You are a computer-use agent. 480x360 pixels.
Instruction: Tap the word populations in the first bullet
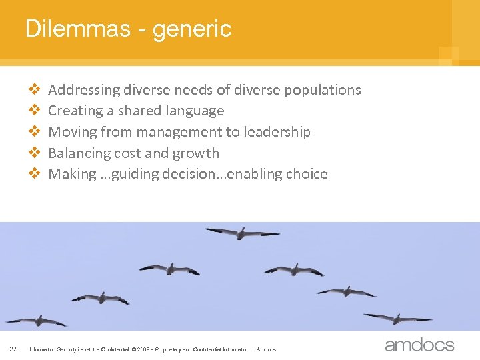point(323,90)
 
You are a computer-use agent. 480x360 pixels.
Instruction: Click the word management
point(182,132)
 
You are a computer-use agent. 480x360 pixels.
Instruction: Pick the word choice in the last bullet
point(306,174)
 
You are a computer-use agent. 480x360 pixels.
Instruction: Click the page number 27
point(13,348)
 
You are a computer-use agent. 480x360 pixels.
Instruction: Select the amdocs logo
point(419,345)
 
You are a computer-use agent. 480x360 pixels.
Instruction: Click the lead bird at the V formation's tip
point(242,233)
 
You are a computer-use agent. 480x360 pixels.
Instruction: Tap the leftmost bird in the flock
point(37,321)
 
